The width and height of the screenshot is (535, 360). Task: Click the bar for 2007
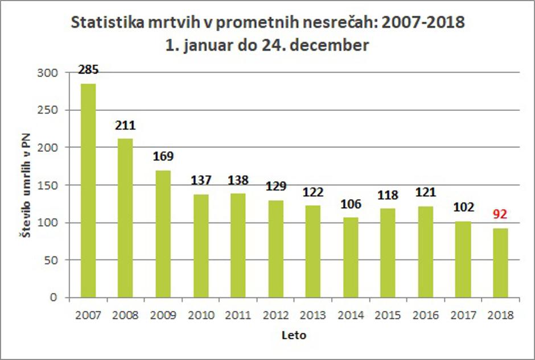(x=88, y=191)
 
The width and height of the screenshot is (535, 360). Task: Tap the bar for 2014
(x=351, y=257)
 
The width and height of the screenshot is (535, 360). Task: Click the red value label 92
(x=500, y=215)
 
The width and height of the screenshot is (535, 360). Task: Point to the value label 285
(x=89, y=71)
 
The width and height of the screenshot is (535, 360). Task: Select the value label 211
(x=125, y=125)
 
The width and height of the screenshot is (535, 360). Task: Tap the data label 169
(x=163, y=156)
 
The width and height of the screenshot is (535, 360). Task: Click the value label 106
(x=351, y=204)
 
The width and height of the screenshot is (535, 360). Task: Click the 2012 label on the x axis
(x=275, y=315)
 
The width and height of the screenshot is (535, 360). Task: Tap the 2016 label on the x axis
(x=426, y=315)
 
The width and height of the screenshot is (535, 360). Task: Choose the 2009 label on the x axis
(x=163, y=315)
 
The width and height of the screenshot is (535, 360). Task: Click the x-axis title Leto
(x=294, y=336)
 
